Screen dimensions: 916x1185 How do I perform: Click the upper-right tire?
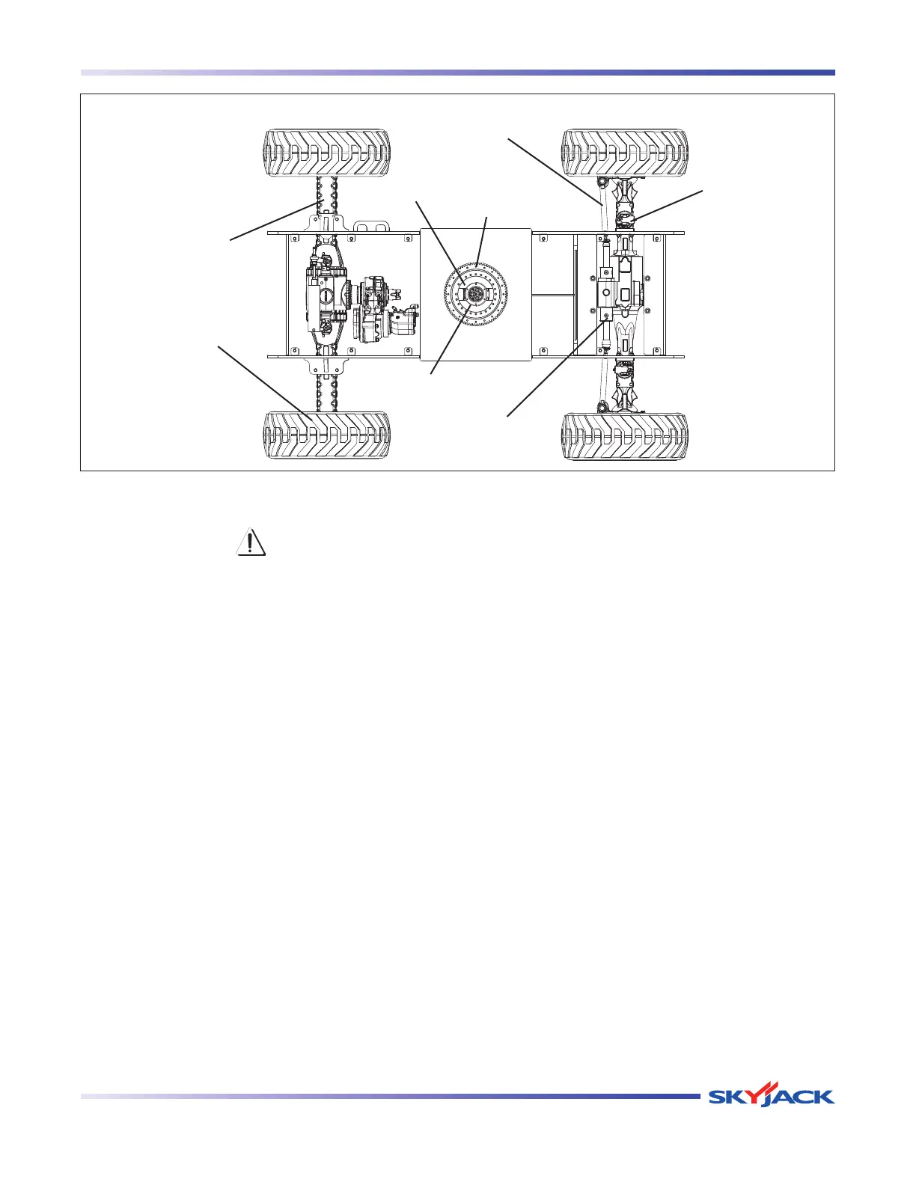click(625, 153)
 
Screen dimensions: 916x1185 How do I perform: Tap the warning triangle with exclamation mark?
click(251, 542)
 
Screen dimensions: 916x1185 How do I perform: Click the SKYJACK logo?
click(771, 1097)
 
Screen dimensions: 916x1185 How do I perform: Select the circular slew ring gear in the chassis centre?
click(476, 295)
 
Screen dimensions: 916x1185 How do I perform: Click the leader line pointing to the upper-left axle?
click(273, 221)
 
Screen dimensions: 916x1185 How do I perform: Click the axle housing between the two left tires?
click(326, 295)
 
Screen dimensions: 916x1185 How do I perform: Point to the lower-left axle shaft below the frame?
click(326, 389)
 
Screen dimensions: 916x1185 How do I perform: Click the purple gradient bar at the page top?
click(457, 73)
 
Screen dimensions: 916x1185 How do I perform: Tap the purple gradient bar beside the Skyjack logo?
click(389, 1097)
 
